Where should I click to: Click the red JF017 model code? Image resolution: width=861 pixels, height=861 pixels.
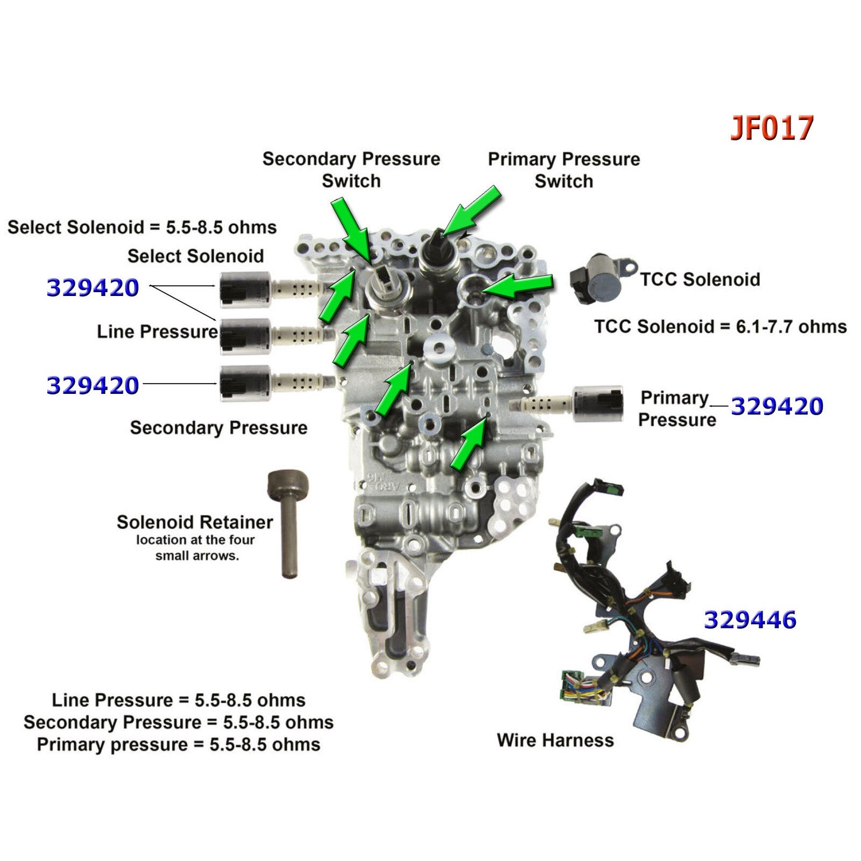tap(771, 129)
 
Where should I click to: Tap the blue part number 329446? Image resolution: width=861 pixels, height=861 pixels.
tap(750, 620)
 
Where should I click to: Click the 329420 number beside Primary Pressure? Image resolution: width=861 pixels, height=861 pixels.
tap(777, 406)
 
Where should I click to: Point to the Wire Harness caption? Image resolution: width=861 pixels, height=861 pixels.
tap(555, 740)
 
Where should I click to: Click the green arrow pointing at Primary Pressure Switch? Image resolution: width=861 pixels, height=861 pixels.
tap(472, 211)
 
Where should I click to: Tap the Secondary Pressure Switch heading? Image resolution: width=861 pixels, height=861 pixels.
tap(351, 170)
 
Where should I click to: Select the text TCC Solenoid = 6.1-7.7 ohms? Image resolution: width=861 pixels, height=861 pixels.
tap(720, 326)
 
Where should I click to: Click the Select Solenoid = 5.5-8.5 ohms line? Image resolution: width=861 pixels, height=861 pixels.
tap(142, 227)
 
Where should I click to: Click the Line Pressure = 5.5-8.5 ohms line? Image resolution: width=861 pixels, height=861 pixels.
tap(179, 700)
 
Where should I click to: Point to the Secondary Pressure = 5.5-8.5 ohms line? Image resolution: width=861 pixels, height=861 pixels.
tap(179, 722)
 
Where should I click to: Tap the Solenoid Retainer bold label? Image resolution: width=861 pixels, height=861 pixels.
tap(195, 522)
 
